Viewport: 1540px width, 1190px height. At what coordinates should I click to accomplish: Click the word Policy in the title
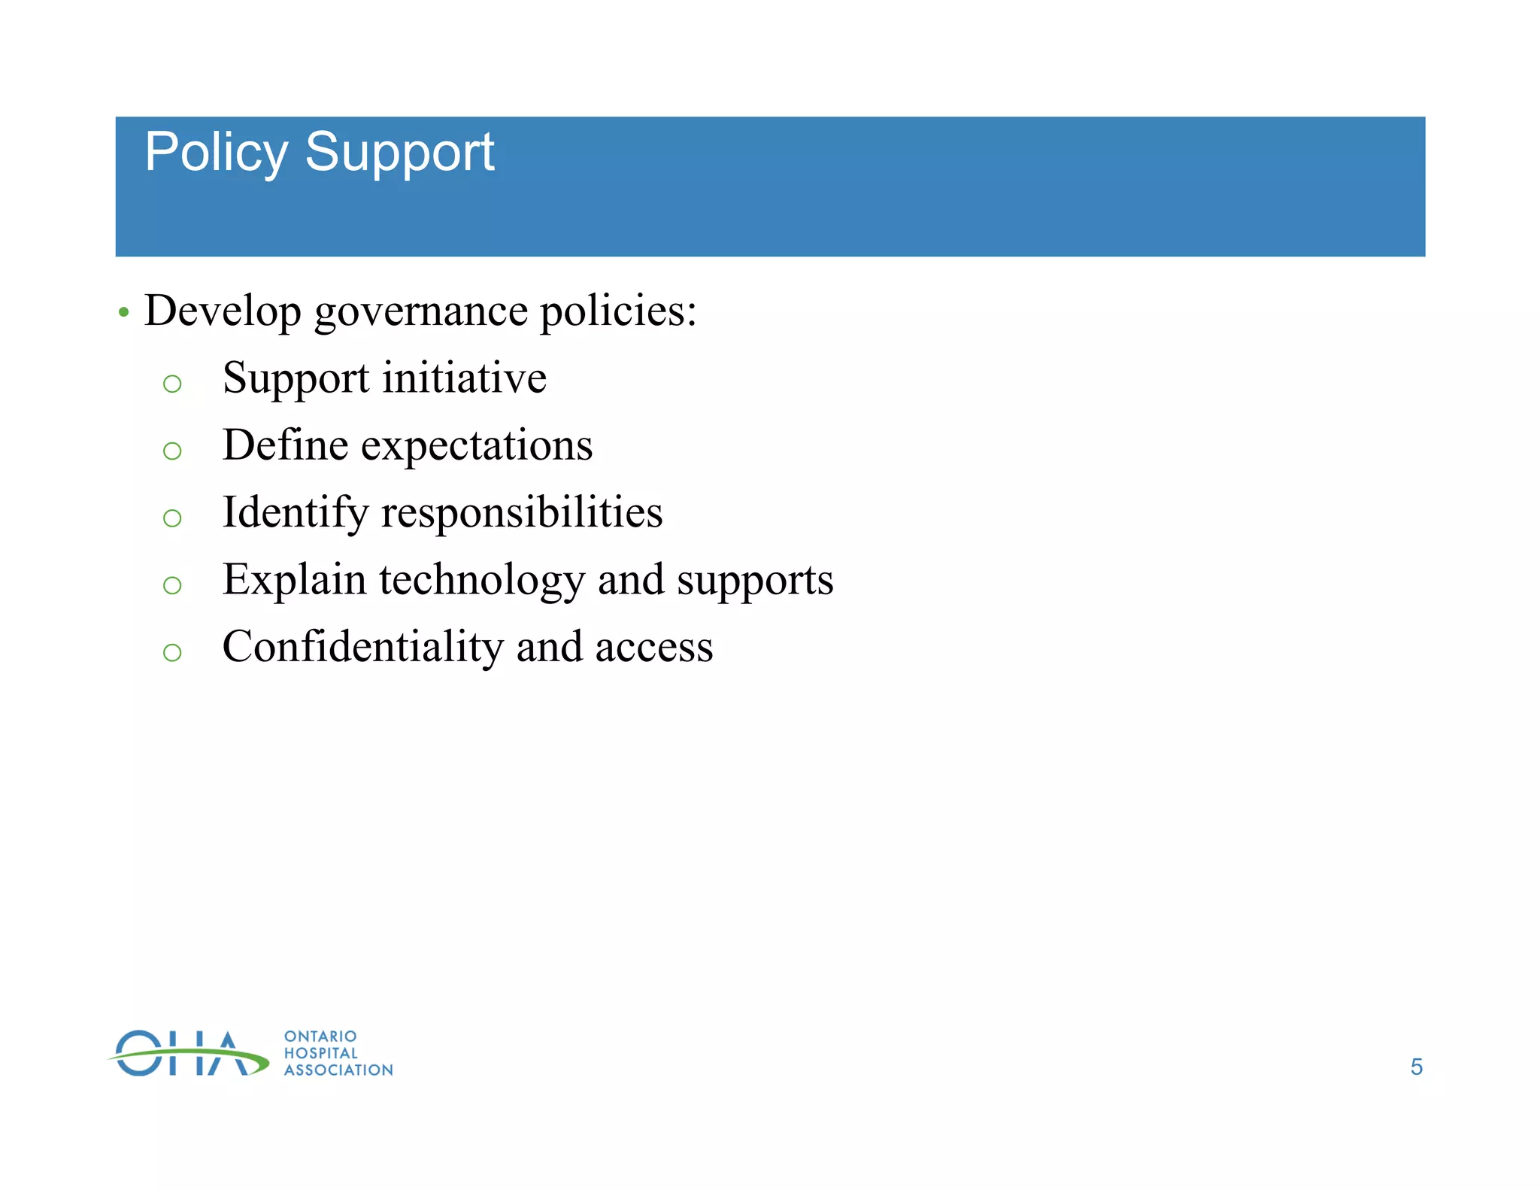tap(216, 153)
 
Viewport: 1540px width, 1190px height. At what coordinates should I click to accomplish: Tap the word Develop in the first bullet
tap(223, 310)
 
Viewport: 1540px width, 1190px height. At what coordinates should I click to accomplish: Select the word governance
tap(420, 311)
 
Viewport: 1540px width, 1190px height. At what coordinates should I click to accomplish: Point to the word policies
tap(618, 310)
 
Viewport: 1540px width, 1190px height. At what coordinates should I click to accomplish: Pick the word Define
tap(285, 445)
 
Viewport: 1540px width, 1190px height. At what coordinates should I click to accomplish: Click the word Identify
tap(296, 513)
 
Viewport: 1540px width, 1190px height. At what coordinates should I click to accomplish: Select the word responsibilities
tap(522, 513)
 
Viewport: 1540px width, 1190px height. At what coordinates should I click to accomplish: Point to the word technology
tap(481, 581)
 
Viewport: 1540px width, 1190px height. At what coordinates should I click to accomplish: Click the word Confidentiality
tap(362, 646)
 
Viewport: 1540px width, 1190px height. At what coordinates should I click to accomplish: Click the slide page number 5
tap(1416, 1067)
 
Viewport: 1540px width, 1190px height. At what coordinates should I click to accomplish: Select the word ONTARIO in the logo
tap(320, 1037)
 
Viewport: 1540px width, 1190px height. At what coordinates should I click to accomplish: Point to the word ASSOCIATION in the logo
tap(338, 1070)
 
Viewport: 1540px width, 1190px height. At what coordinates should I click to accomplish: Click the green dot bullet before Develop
tap(124, 311)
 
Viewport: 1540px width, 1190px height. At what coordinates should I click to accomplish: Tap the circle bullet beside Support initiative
tap(172, 384)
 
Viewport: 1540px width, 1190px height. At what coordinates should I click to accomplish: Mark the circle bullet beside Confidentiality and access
tap(172, 652)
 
